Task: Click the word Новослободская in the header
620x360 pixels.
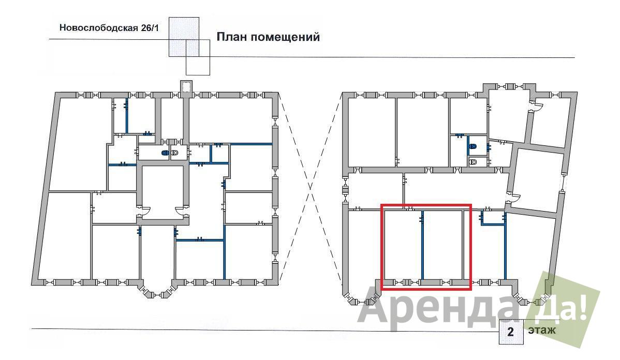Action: click(x=98, y=28)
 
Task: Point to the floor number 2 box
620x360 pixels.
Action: click(x=510, y=331)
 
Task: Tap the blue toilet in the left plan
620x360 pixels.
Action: click(x=165, y=153)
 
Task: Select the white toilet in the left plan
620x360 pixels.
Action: click(x=175, y=153)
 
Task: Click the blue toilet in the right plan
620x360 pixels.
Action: click(x=473, y=146)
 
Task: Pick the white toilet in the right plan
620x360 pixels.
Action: click(x=473, y=161)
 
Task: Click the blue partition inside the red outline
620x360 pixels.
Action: click(x=422, y=245)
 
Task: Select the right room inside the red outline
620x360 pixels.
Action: click(x=443, y=245)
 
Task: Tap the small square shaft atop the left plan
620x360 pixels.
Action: click(x=185, y=86)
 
